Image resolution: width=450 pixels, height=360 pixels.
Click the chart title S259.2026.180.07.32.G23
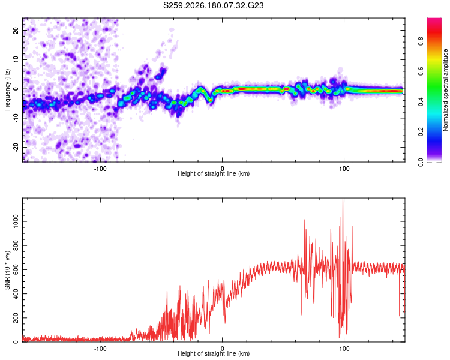tap(213, 5)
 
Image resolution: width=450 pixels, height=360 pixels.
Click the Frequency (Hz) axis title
tap(7, 90)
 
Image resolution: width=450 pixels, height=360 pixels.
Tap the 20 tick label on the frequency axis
tap(16, 30)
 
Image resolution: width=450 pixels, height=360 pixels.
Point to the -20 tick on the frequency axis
tap(16, 147)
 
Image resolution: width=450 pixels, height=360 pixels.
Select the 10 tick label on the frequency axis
tap(16, 59)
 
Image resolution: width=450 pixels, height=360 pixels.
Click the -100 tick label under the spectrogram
tap(100, 169)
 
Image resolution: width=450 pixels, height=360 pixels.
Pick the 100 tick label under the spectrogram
tap(344, 169)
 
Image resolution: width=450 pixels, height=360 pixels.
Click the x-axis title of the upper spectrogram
tap(214, 173)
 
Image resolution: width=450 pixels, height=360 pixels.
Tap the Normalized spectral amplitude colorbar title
tap(445, 90)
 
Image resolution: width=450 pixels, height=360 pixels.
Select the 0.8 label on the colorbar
tap(421, 41)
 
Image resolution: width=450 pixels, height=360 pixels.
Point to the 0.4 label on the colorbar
tap(421, 101)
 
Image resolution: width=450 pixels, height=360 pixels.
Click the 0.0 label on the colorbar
tap(421, 162)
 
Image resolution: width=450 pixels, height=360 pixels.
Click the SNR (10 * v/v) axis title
tap(7, 270)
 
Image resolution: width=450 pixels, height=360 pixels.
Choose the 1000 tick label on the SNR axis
tap(16, 221)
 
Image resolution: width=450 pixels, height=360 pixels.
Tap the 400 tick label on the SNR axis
tap(16, 293)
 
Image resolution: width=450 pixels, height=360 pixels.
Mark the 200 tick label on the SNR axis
tap(16, 318)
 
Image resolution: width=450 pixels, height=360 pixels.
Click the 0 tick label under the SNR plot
tap(222, 349)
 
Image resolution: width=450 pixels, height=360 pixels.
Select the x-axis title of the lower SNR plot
tap(214, 353)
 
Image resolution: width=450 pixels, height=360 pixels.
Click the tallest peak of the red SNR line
tap(343, 199)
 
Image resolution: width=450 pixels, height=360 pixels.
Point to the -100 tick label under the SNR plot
tap(100, 349)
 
